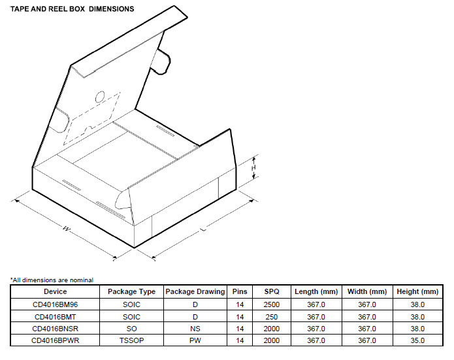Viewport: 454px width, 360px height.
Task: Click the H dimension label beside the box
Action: click(x=253, y=168)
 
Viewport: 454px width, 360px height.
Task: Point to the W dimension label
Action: click(x=67, y=229)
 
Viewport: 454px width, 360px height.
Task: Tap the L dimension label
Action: click(x=204, y=229)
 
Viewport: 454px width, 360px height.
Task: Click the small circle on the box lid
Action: click(x=100, y=97)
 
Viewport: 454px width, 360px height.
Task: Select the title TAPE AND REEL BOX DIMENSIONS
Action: click(x=72, y=9)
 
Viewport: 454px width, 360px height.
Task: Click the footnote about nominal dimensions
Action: click(x=52, y=280)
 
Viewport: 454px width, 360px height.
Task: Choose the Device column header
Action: click(x=55, y=291)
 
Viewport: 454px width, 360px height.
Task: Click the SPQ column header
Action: click(x=272, y=291)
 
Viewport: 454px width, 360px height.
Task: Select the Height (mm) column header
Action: click(x=417, y=291)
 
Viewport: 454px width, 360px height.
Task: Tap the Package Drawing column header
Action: click(x=195, y=291)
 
